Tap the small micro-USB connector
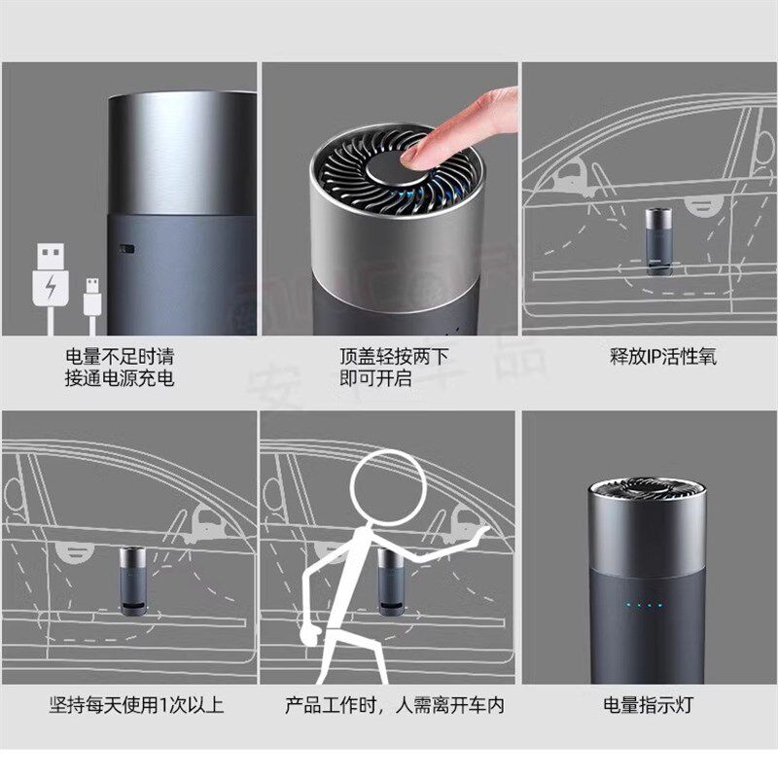click(x=92, y=297)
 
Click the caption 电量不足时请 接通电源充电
click(x=120, y=368)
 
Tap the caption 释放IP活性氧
click(x=657, y=357)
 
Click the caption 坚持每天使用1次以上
click(x=137, y=704)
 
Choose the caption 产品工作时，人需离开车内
click(x=395, y=704)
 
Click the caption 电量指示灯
click(x=649, y=704)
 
